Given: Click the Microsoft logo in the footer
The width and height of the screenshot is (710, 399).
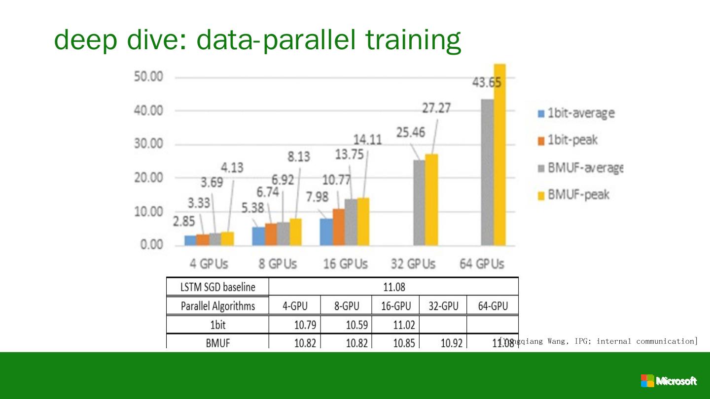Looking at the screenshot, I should pos(669,381).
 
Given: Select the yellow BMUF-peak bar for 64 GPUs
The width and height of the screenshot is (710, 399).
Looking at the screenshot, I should pos(499,155).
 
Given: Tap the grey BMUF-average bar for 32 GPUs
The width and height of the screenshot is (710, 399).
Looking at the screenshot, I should pos(419,202).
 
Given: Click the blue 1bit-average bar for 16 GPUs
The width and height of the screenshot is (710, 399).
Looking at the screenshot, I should pos(326,232).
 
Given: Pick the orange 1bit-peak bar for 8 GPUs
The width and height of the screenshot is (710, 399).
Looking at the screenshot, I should pos(271,234).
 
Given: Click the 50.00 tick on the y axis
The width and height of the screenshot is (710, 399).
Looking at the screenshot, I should pos(148,77).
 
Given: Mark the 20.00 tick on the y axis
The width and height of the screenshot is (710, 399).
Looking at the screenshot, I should pos(148,178).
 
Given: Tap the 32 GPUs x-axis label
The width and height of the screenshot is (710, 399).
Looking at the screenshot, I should pos(413,264).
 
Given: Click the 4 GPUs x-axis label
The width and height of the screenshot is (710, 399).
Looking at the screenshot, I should pos(209,264).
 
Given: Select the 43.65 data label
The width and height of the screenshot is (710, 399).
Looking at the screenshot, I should pos(487,83).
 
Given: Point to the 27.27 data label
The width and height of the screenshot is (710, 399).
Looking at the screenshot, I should pos(436,108).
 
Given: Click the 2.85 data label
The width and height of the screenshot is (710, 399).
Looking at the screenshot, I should pos(184,222).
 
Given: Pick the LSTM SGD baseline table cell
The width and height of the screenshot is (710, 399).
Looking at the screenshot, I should pos(218,287).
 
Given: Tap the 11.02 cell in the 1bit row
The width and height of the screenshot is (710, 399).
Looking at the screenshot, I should pos(404,325).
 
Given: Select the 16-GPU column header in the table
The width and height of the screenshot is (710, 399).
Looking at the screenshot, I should pos(395,306).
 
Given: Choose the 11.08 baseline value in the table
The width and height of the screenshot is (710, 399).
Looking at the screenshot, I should pos(393,287).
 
